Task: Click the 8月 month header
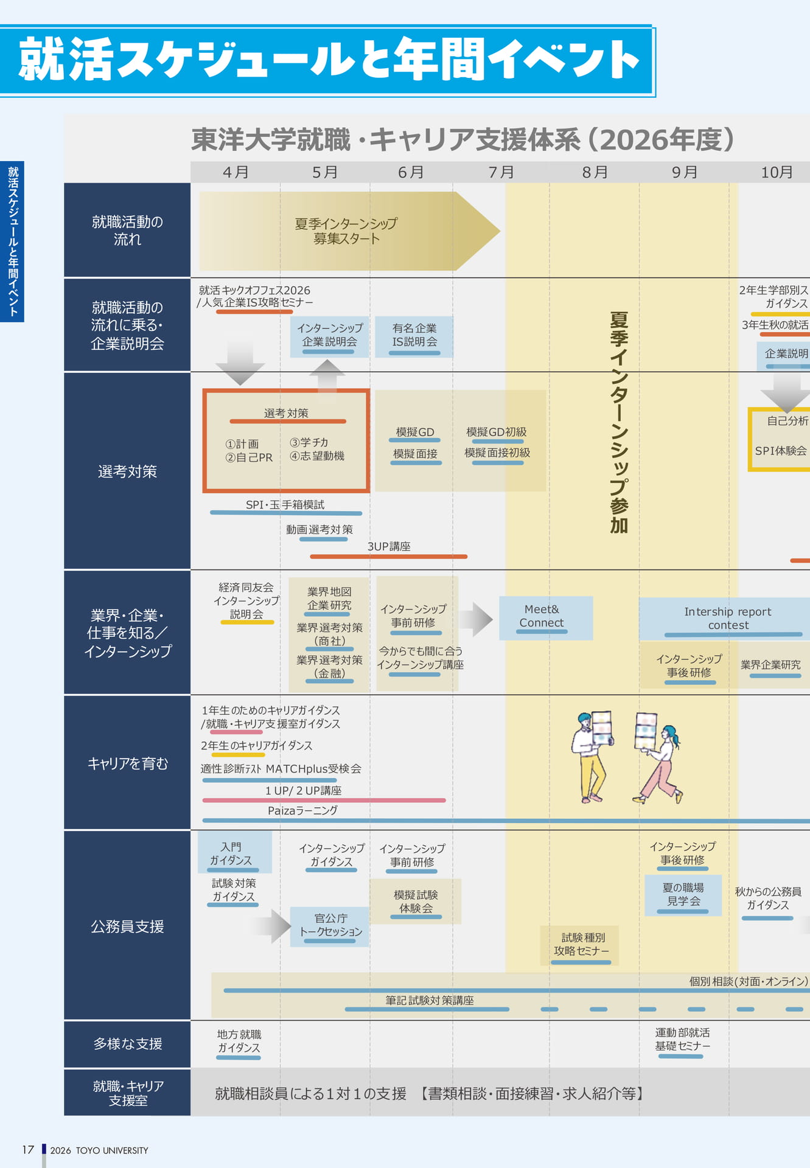point(595,172)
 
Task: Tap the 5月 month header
point(324,172)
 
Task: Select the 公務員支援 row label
point(127,926)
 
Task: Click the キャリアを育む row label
point(127,763)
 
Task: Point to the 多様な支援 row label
point(127,1043)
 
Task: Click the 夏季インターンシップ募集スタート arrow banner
point(349,231)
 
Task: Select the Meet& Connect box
point(546,617)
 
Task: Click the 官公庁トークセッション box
point(330,926)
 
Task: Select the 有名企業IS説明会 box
point(414,336)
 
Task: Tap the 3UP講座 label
point(389,546)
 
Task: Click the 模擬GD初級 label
point(497,432)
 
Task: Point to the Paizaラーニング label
point(302,810)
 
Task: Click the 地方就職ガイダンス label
point(239,1041)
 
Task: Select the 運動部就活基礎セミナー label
point(682,1039)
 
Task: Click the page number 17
point(28,1150)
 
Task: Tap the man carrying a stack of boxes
point(592,757)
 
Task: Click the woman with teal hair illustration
point(658,758)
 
